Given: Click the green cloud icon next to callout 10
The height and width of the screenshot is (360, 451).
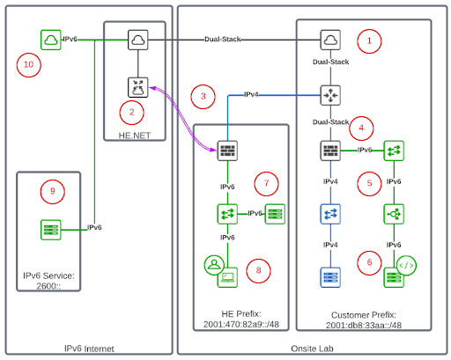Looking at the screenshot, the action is [51, 40].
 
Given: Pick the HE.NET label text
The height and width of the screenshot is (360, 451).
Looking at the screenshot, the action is [135, 136].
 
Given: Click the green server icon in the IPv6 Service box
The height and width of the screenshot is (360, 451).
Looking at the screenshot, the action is [51, 230].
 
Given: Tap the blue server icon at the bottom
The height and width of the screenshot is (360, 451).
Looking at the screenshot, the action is [330, 277].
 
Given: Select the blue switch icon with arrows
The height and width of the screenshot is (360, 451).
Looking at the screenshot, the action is [330, 214].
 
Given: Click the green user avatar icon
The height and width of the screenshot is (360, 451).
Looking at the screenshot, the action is [214, 265].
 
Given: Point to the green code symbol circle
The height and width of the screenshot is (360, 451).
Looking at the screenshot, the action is [406, 266].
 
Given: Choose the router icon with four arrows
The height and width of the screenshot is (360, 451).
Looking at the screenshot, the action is [330, 95].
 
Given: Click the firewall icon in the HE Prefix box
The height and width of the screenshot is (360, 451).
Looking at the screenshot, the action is [227, 151].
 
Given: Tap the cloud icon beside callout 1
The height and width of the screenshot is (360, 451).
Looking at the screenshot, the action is [330, 40].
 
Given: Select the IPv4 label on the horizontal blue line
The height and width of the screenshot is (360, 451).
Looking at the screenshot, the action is [251, 94].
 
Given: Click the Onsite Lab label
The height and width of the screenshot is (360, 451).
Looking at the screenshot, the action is [312, 349].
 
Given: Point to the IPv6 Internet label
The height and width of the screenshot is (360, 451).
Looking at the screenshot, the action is [89, 349].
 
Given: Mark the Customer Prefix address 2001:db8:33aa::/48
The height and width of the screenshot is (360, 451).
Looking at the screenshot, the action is [364, 325].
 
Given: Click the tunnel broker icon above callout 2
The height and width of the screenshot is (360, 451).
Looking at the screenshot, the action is [138, 87].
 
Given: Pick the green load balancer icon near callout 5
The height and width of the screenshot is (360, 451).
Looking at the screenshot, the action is [394, 214].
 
